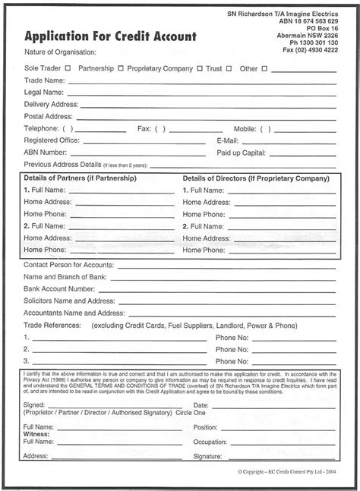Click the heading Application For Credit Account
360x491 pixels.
[110, 36]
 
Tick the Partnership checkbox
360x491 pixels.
[122, 68]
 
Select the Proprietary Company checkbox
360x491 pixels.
[200, 68]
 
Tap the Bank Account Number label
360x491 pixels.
[61, 288]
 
